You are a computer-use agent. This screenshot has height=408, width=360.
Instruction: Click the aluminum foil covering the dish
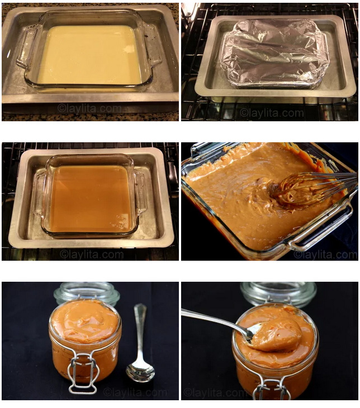tap(274, 53)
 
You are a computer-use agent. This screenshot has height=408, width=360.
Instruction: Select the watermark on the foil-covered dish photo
tap(272, 113)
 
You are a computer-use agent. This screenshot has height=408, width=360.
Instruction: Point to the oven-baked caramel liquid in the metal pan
tap(91, 199)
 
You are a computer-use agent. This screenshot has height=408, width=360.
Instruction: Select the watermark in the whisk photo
tap(325, 254)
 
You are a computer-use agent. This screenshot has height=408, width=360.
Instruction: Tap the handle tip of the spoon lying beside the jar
tap(140, 307)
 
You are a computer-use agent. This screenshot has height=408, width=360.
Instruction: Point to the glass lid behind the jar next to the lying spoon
tap(87, 293)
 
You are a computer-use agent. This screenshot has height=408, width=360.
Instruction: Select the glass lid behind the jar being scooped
tap(278, 293)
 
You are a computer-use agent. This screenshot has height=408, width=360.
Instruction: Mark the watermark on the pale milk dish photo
tap(89, 108)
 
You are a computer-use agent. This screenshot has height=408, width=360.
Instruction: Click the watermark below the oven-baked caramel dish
tap(91, 254)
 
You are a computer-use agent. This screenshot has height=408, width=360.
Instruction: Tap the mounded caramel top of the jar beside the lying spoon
tap(84, 321)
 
